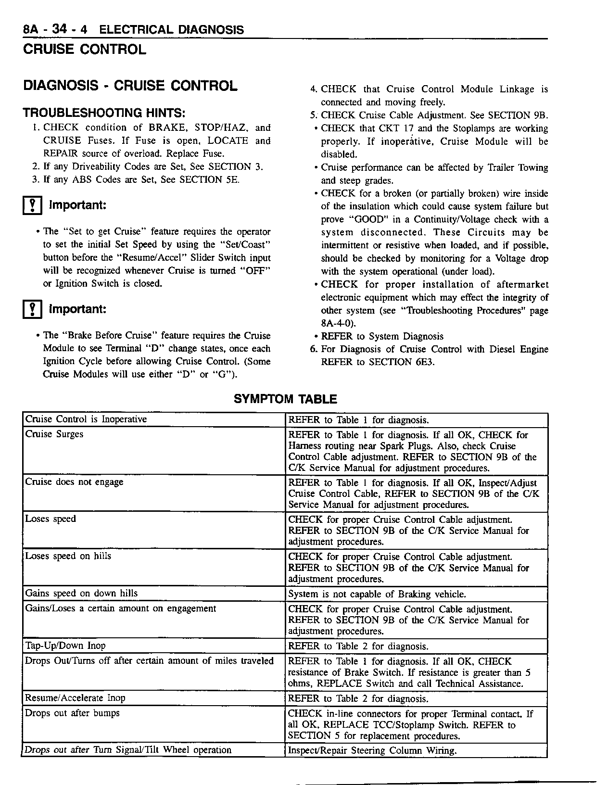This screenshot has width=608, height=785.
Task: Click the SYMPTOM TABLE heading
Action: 285,399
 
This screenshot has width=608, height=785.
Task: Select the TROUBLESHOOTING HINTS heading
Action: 104,114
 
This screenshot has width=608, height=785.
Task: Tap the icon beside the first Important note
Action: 32,206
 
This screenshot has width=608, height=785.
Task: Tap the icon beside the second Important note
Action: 32,309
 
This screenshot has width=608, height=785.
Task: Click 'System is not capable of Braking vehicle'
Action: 377,595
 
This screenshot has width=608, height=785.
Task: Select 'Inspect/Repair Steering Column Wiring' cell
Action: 372,750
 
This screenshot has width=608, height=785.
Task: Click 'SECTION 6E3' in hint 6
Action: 402,362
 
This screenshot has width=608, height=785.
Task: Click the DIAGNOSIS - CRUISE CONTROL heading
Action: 130,86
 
